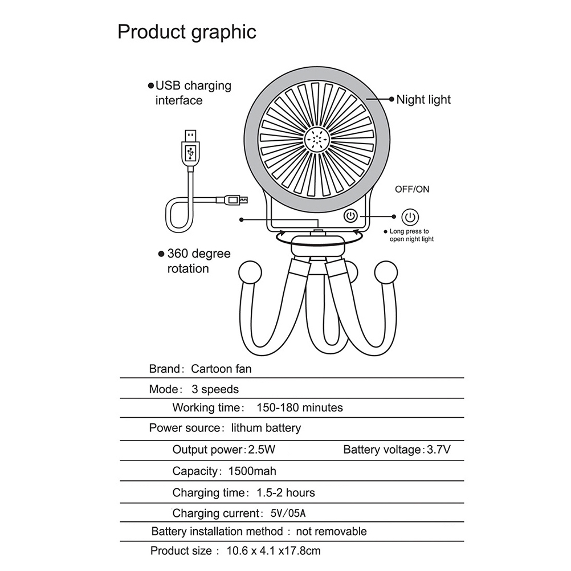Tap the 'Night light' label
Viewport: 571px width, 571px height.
423,99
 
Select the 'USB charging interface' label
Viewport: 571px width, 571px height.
193,93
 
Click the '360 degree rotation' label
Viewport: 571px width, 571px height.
199,261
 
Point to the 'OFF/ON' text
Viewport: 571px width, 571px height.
412,189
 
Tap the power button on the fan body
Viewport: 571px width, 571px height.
350,216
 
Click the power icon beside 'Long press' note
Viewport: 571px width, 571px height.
410,217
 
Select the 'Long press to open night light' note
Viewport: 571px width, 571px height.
411,235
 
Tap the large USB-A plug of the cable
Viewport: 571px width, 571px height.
190,150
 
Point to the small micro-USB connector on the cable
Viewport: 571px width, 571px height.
233,199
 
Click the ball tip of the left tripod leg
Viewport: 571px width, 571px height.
250,272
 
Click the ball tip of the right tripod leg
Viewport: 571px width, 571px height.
386,272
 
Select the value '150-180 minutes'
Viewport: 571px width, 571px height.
300,407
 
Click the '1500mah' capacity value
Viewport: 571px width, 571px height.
252,471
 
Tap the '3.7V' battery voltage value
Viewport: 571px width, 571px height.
439,450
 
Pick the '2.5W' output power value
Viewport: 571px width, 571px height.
262,450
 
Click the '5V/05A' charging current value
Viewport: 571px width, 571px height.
288,513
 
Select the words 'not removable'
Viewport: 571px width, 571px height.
331,531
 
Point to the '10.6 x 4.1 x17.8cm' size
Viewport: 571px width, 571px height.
274,551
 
